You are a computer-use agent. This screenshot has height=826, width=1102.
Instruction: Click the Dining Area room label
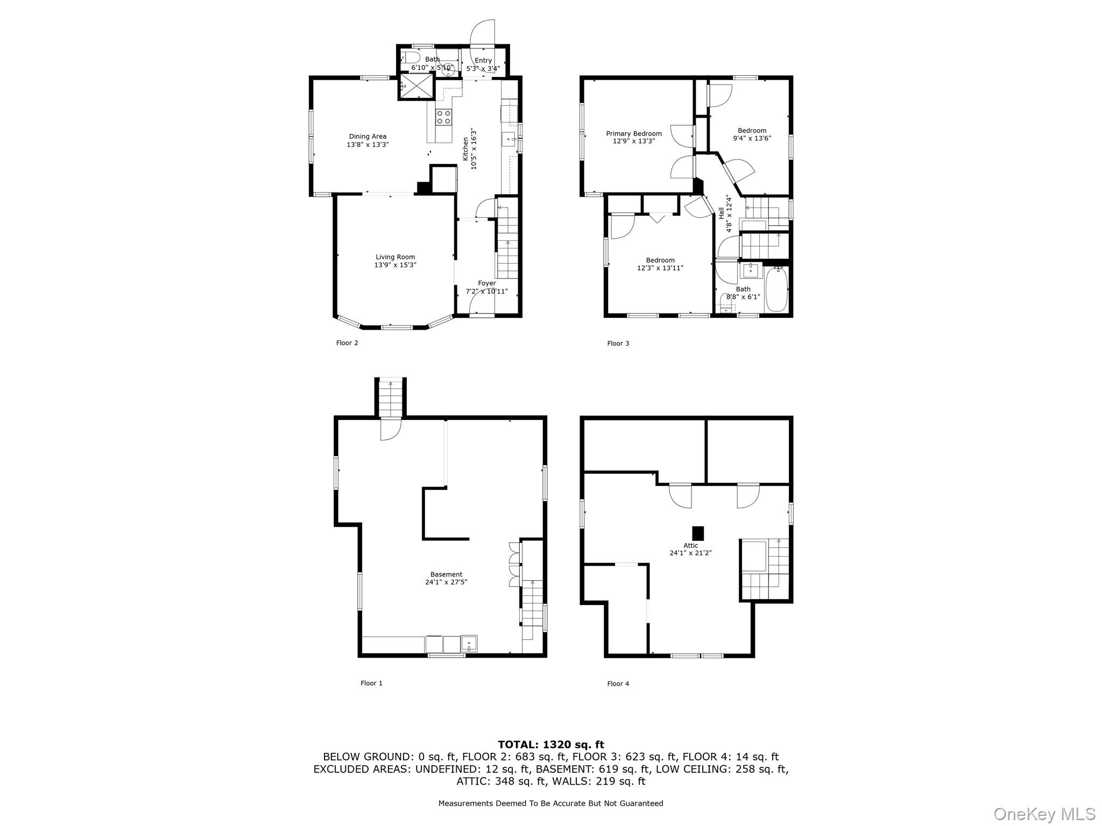pyautogui.click(x=368, y=137)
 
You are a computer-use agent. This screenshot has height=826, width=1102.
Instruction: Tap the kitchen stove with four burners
pyautogui.click(x=444, y=117)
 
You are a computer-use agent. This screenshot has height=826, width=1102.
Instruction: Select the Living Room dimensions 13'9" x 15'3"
pyautogui.click(x=395, y=265)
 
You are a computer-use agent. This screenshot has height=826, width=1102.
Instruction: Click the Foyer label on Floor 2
pyautogui.click(x=487, y=283)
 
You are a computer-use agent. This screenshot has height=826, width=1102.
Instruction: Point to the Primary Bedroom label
pyautogui.click(x=634, y=134)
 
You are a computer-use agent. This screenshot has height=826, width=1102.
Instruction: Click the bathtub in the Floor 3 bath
pyautogui.click(x=776, y=289)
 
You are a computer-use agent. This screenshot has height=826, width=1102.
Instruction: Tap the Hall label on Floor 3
pyautogui.click(x=721, y=213)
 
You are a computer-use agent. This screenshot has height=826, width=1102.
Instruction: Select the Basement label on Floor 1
pyautogui.click(x=446, y=574)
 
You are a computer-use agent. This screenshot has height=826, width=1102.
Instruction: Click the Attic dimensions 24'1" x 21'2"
pyautogui.click(x=690, y=553)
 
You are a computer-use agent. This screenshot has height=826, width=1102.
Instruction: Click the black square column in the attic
pyautogui.click(x=698, y=533)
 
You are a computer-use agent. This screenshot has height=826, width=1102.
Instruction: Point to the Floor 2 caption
pyautogui.click(x=347, y=343)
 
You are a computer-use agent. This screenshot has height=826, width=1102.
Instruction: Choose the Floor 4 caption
pyautogui.click(x=618, y=684)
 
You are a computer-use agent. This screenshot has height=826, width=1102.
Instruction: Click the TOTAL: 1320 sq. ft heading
pyautogui.click(x=551, y=745)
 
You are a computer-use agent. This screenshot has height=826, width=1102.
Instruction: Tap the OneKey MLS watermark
pyautogui.click(x=1044, y=814)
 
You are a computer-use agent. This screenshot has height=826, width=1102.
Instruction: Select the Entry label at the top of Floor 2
pyautogui.click(x=483, y=61)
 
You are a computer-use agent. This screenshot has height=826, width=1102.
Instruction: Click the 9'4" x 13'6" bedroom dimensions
pyautogui.click(x=752, y=138)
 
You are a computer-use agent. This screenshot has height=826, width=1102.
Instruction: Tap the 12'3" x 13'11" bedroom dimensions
pyautogui.click(x=660, y=268)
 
